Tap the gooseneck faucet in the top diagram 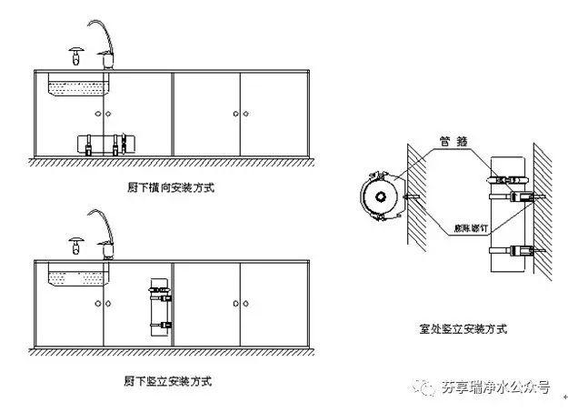pos(101,41)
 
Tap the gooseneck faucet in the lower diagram pos(101,231)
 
